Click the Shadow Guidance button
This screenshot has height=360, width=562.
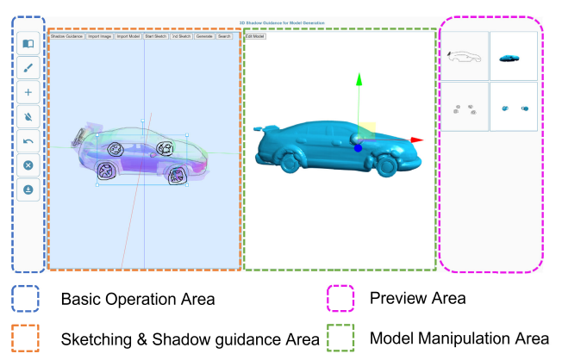pos(67,37)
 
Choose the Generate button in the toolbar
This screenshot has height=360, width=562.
pos(204,37)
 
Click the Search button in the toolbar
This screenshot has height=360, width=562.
pos(224,37)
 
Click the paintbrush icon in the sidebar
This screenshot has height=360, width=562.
pos(28,65)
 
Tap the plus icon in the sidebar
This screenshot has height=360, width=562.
pos(28,90)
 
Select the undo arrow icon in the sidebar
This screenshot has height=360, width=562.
pos(28,140)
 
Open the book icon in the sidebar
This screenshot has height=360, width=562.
pos(28,41)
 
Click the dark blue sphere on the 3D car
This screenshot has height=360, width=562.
pos(358,147)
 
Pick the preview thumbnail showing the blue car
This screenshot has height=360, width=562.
pos(513,56)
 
